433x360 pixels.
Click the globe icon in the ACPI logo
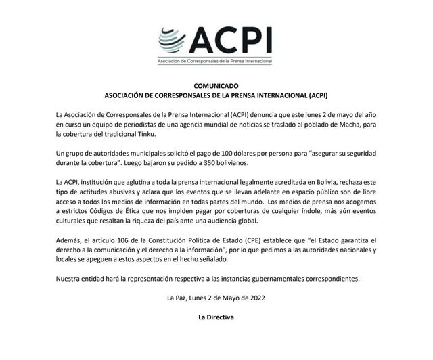[x=173, y=42]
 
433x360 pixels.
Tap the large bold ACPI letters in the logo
[x=229, y=41]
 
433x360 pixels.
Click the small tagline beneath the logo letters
[x=214, y=62]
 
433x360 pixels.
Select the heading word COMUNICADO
[x=216, y=87]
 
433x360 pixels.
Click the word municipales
[x=147, y=154]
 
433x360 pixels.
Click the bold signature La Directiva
[x=216, y=316]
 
